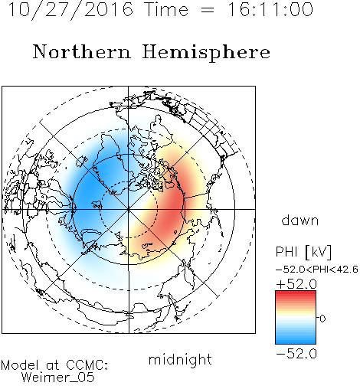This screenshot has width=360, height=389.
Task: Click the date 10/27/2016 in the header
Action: click(70, 10)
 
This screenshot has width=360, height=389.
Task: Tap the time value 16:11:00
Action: click(270, 9)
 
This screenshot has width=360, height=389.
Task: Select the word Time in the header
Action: click(166, 9)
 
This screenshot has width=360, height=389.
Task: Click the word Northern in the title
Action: click(82, 51)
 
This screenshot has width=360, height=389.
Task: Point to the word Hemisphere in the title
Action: click(206, 53)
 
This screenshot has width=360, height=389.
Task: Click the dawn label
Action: click(300, 220)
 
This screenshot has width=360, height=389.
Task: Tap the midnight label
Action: click(180, 360)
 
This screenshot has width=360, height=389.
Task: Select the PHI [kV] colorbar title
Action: click(303, 252)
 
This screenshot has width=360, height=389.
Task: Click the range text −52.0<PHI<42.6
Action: click(317, 270)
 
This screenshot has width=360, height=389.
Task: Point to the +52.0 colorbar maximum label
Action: click(296, 284)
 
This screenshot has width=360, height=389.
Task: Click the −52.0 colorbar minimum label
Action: click(296, 354)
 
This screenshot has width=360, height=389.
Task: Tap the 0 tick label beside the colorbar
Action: click(322, 319)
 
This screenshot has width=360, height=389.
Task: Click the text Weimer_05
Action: click(57, 378)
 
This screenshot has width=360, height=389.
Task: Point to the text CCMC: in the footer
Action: click(87, 365)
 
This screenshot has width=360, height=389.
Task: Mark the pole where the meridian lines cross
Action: click(129, 209)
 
